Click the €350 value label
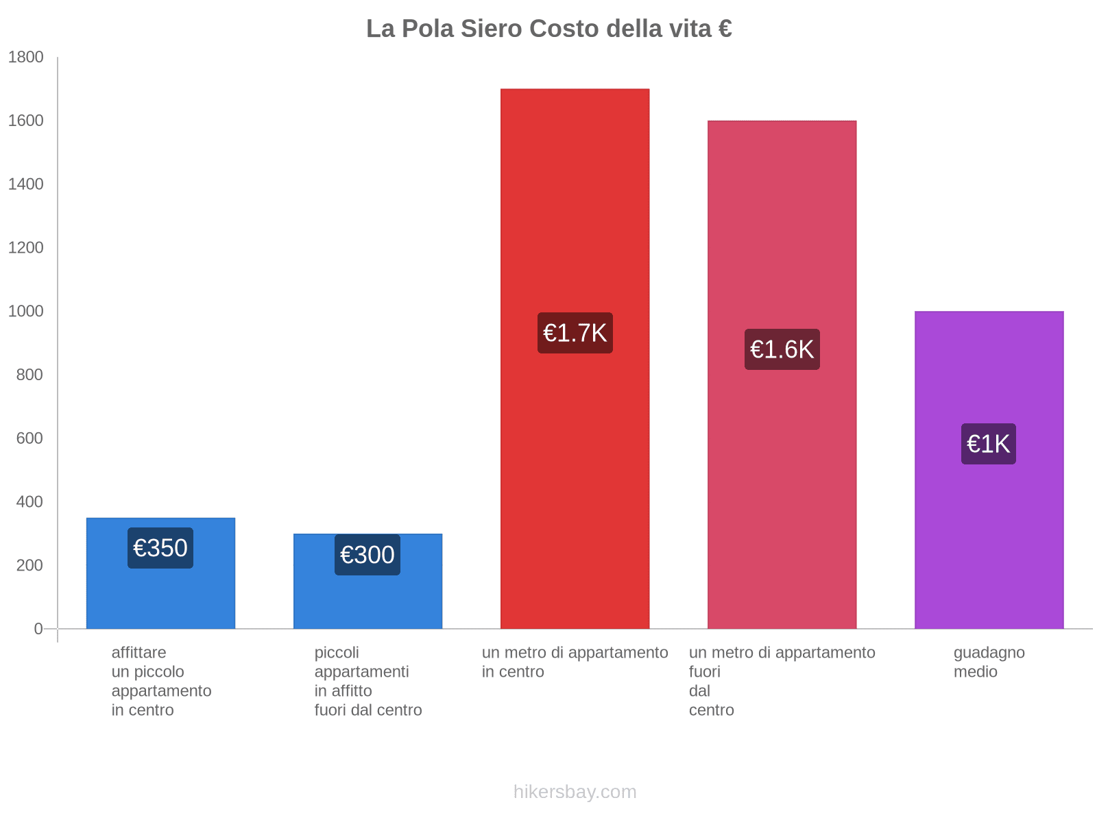click(160, 548)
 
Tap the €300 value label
click(367, 555)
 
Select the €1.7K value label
click(575, 333)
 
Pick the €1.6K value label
click(782, 349)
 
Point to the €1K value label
click(988, 444)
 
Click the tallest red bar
click(575, 206)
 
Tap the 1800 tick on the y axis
click(26, 58)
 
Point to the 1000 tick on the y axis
click(26, 312)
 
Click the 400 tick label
click(29, 502)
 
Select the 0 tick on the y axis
click(38, 629)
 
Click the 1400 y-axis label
click(26, 184)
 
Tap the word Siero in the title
click(492, 29)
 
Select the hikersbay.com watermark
click(575, 792)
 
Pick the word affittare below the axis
click(138, 653)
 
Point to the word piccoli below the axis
click(337, 653)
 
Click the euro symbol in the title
click(725, 29)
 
